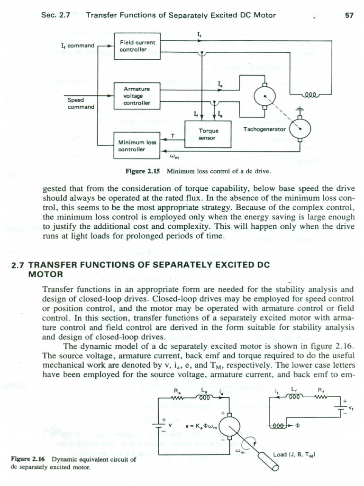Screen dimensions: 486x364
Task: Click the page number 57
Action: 349,15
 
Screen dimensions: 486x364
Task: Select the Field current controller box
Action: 137,46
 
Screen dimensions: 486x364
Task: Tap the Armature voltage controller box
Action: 137,95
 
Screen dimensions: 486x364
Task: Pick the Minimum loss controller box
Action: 137,145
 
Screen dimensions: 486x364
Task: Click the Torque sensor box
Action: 208,134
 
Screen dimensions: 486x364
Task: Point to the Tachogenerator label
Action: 264,129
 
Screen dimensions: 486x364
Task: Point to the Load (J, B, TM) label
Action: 294,454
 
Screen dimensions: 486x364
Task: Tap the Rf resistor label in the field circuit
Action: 321,390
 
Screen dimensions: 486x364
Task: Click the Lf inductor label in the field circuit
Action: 294,390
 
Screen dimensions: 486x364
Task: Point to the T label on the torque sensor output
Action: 173,136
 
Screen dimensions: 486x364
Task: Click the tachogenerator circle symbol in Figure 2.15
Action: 300,128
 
